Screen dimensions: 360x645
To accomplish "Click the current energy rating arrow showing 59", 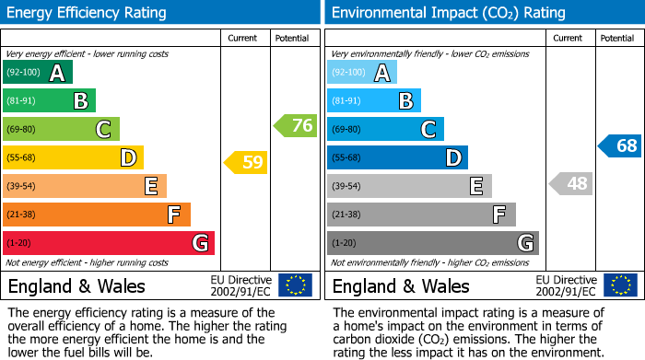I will (245, 163).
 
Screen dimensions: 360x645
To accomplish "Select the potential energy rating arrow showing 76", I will (296, 126).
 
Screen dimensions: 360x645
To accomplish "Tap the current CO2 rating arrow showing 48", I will (570, 183).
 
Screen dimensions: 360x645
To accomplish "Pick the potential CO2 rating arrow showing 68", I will (619, 145).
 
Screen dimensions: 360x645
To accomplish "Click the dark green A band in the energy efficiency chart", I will (38, 73).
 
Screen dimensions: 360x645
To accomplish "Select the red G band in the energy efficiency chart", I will (109, 243).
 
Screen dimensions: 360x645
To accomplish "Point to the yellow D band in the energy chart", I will (73, 158).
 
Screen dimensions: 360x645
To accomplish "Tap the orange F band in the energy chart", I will (97, 215).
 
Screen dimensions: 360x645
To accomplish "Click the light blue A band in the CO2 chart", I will (362, 73).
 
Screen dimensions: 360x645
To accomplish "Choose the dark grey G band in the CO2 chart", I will (432, 243).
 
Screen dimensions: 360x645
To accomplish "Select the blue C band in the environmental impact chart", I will (385, 129).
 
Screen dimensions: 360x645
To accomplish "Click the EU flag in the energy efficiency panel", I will (295, 285).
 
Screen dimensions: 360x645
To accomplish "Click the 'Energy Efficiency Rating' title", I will (88, 13).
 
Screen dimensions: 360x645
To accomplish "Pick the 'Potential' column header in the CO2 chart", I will (617, 38).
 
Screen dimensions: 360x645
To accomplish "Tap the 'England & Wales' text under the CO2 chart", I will (401, 286).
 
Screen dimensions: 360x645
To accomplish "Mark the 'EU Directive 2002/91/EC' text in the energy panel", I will (241, 285).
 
